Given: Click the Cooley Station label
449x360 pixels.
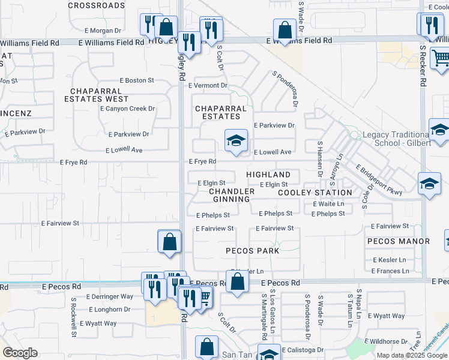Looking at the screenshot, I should [x=315, y=193].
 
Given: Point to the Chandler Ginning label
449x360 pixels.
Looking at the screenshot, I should [x=231, y=195].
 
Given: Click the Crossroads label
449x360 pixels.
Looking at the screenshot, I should [x=96, y=5].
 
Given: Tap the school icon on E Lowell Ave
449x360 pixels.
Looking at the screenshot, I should [x=236, y=142].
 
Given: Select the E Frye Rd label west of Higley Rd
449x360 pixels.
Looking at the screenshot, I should [x=74, y=162].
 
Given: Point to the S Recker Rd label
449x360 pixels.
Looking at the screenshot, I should [x=423, y=66].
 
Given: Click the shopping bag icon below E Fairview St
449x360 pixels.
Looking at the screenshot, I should [x=170, y=242].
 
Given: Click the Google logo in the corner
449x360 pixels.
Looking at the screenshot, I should [x=20, y=353].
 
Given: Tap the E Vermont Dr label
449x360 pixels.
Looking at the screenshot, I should [x=208, y=85].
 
